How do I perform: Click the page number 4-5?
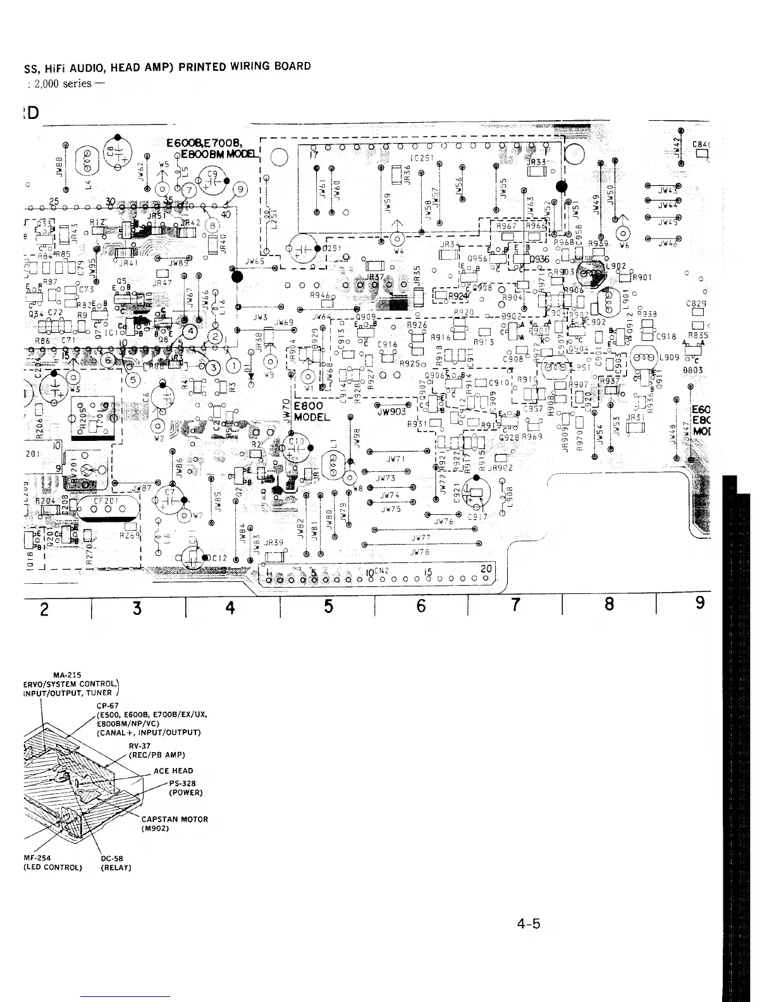[x=528, y=924]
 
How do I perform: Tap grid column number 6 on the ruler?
[x=421, y=606]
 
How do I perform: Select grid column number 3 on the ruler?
[x=137, y=607]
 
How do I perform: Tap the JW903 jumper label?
[x=391, y=411]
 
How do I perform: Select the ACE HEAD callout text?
[x=173, y=770]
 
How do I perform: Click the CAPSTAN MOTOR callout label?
[x=175, y=819]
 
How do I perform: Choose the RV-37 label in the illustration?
[x=138, y=745]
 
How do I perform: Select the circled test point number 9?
[x=240, y=188]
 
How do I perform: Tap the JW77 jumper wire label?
[x=421, y=538]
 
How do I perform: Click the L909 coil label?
[x=668, y=357]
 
